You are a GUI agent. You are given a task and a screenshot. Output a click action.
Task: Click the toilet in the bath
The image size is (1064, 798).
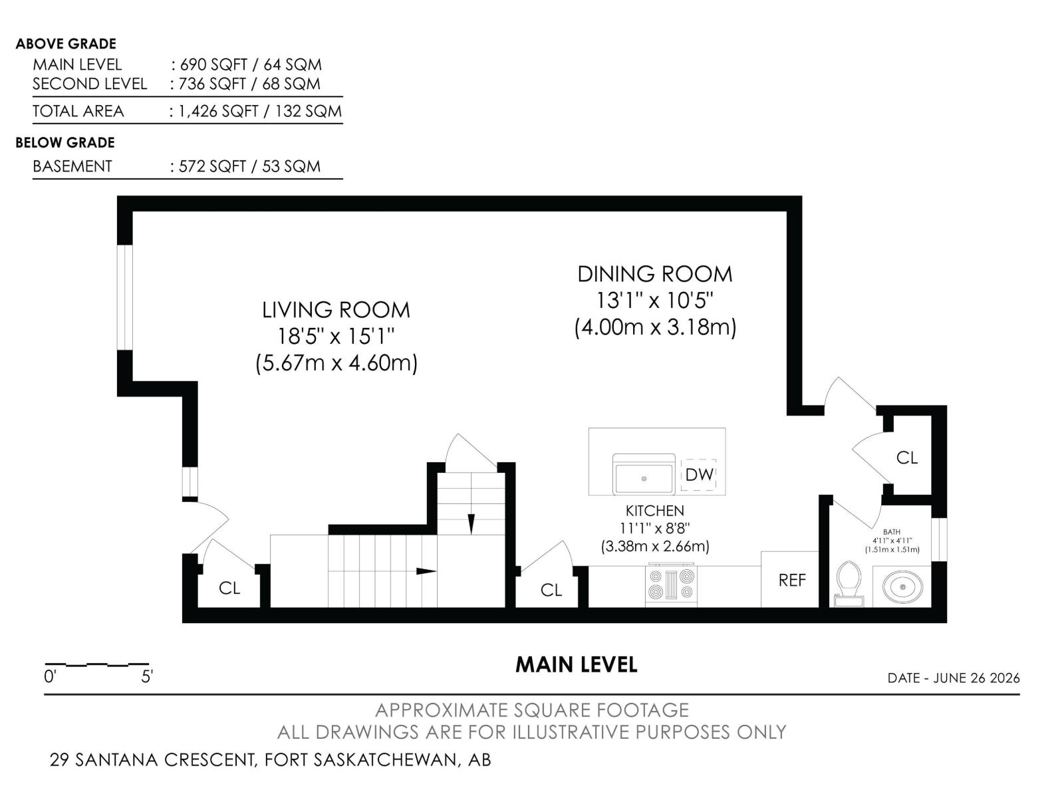[x=849, y=583]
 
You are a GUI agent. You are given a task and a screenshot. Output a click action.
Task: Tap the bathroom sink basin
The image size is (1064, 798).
[x=902, y=587]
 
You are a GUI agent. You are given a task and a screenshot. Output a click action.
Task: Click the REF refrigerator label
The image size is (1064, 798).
[x=792, y=580]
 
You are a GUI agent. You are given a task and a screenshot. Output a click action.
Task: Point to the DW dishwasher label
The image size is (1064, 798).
[x=699, y=475]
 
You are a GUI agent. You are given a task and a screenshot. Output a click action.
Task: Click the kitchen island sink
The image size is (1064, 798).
[x=644, y=474]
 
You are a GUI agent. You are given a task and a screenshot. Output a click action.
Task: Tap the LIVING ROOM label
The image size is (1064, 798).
[x=336, y=310]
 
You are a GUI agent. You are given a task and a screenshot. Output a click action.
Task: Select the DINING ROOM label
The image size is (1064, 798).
[x=655, y=274]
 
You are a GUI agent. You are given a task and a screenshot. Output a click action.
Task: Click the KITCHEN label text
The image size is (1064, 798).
[x=655, y=511]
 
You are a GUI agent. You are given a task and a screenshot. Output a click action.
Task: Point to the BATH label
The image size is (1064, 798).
[x=892, y=532]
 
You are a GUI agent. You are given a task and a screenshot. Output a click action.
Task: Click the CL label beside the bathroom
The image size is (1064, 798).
[x=907, y=458]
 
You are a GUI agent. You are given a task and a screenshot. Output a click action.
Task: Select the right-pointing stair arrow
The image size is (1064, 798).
[x=426, y=571]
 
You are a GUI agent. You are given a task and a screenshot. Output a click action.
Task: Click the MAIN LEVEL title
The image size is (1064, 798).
[x=577, y=665]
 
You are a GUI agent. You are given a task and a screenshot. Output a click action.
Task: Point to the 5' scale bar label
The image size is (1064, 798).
[x=147, y=677]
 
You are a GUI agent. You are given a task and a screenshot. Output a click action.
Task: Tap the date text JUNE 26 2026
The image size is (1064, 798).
[x=977, y=678]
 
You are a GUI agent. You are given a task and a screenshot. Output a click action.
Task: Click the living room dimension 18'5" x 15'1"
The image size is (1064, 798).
[x=336, y=336]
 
